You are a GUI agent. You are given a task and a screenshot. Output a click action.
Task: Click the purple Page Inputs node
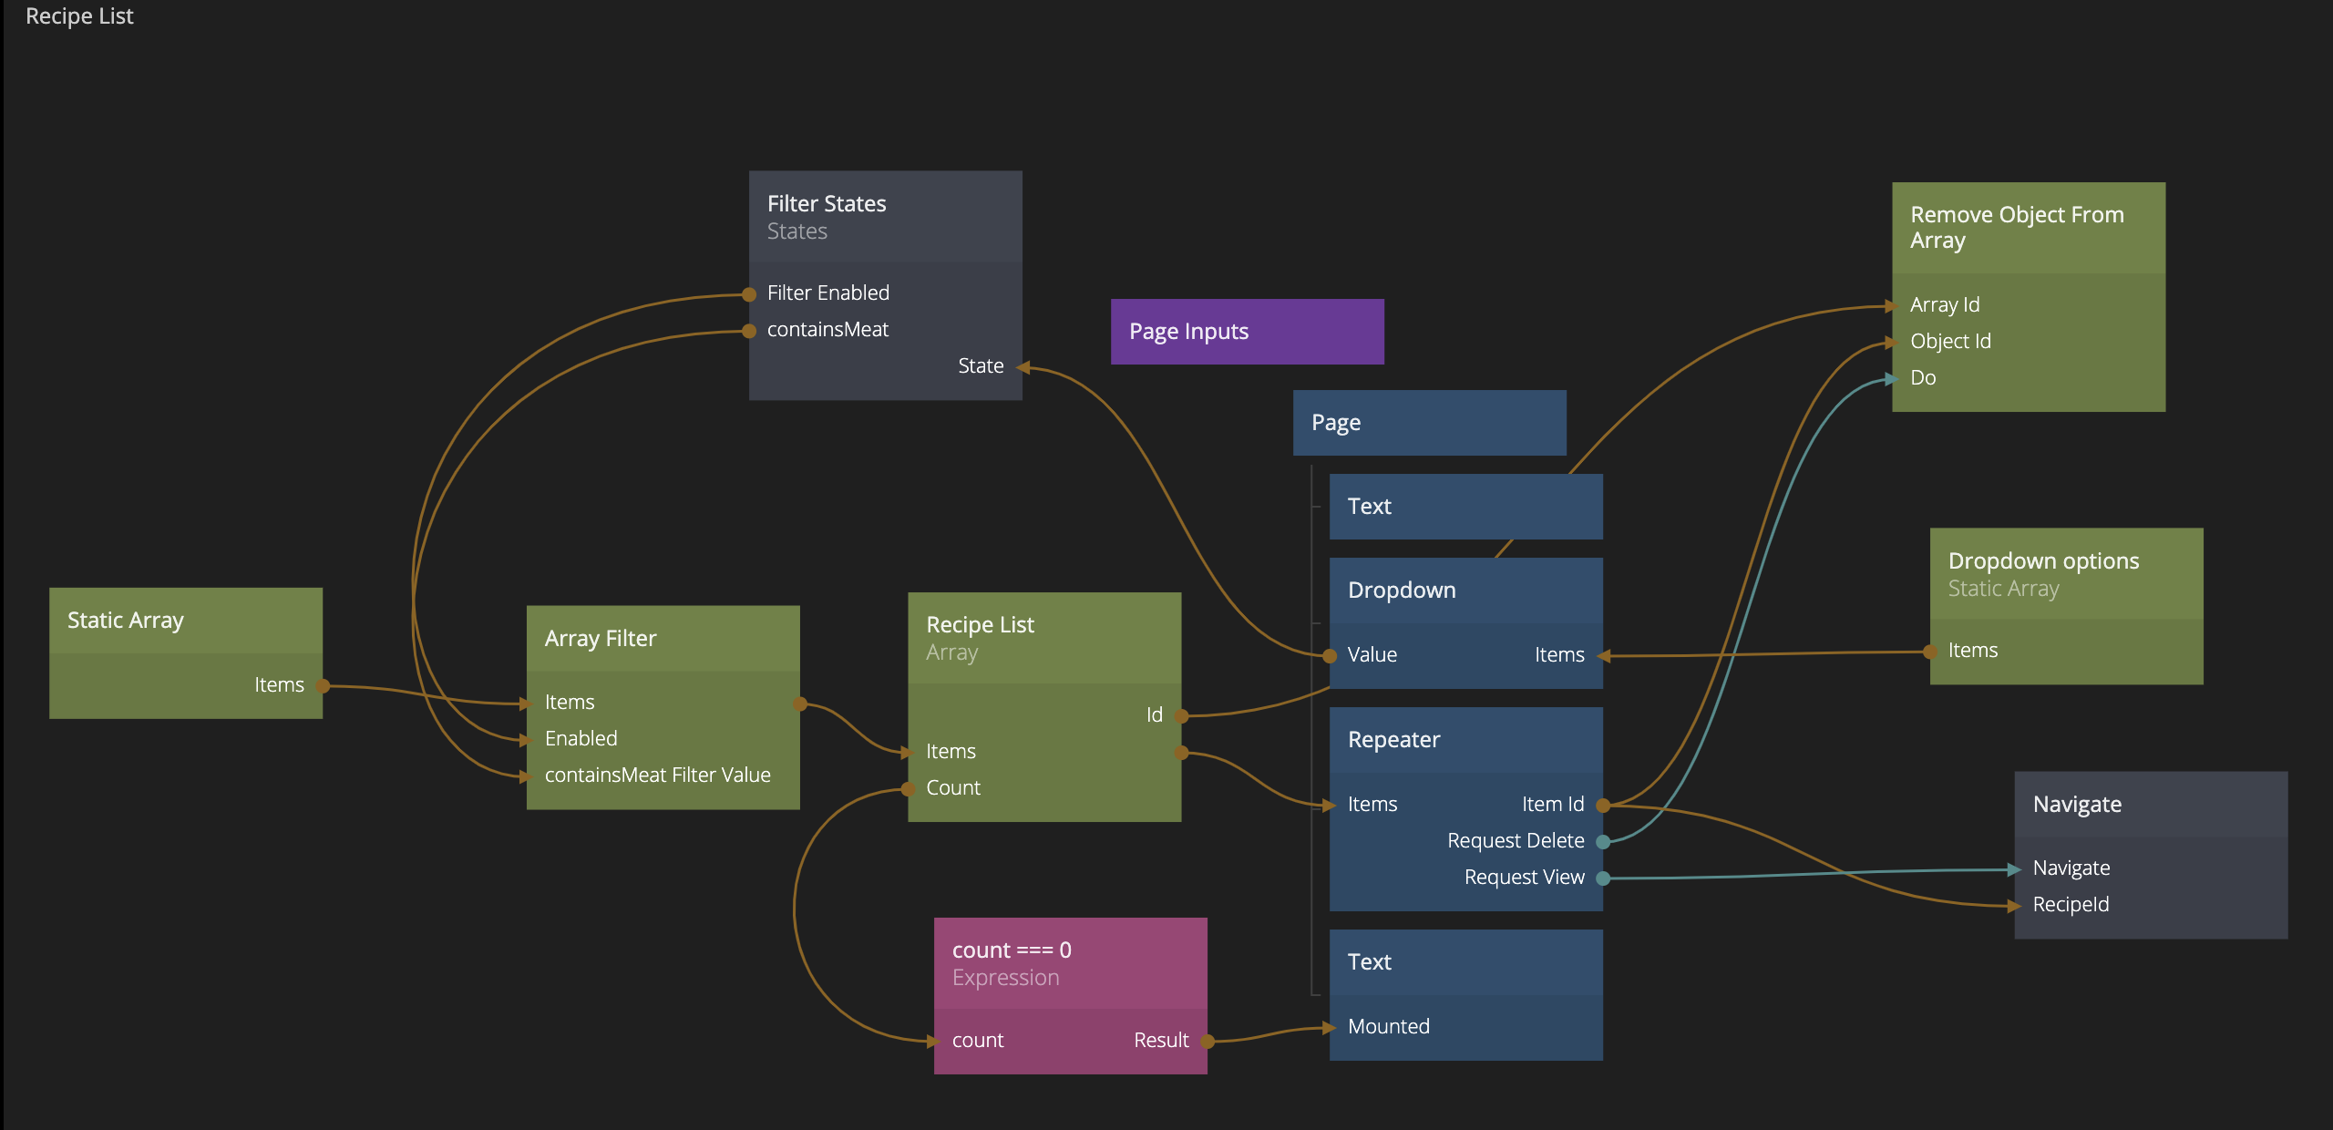click(1246, 332)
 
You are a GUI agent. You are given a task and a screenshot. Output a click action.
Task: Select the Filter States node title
click(826, 203)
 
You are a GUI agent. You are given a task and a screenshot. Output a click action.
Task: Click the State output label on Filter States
click(981, 366)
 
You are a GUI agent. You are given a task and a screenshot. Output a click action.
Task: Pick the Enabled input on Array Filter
click(581, 739)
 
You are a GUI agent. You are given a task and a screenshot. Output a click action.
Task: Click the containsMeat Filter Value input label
click(657, 776)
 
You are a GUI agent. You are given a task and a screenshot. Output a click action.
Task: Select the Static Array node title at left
click(126, 621)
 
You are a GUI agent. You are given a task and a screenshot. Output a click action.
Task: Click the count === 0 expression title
click(1012, 950)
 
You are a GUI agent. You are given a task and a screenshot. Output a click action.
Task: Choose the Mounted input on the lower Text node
click(1388, 1027)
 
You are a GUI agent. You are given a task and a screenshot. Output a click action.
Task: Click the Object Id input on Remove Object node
click(1950, 342)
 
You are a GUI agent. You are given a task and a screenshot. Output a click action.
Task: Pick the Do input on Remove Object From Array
click(1923, 378)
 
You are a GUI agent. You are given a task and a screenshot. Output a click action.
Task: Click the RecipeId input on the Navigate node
click(2071, 905)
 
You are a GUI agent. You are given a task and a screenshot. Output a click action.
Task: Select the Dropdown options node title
click(2043, 561)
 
